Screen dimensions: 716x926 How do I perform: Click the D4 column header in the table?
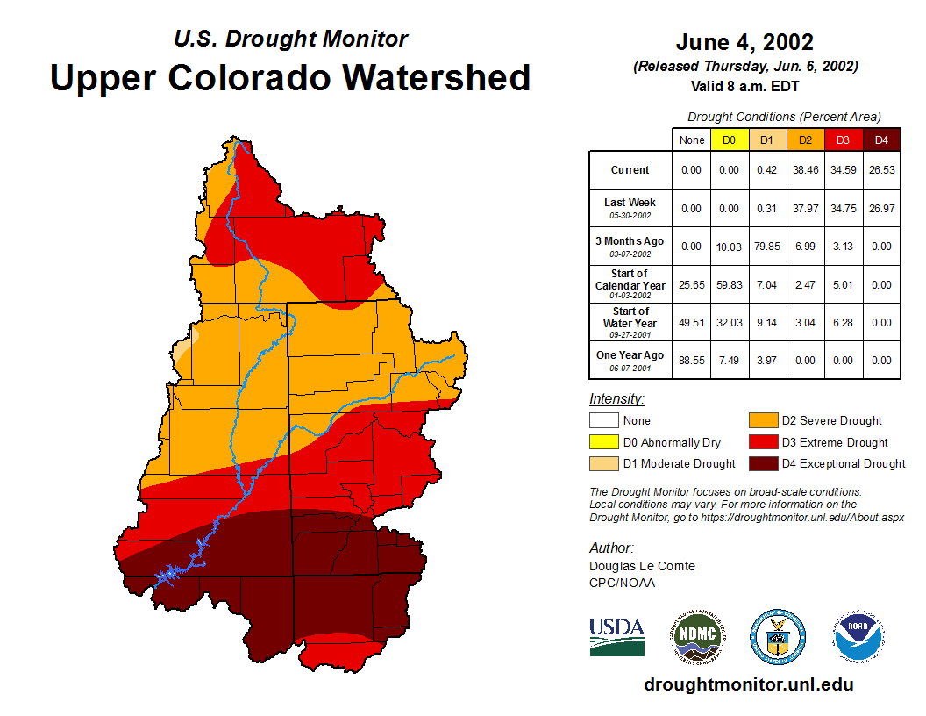pyautogui.click(x=881, y=140)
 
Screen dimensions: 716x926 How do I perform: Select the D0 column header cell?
pyautogui.click(x=729, y=140)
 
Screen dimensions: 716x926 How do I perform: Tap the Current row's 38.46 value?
pyautogui.click(x=805, y=170)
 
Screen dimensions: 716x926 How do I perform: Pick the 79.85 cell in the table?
pyautogui.click(x=767, y=247)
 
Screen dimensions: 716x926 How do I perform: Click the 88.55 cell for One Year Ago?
pyautogui.click(x=691, y=360)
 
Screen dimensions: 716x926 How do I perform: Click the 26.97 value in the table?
pyautogui.click(x=881, y=208)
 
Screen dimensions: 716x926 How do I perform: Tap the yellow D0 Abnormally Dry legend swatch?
pyautogui.click(x=603, y=442)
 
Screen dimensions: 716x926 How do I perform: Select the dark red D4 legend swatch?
pyautogui.click(x=763, y=463)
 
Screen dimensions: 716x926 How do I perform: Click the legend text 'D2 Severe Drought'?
pyautogui.click(x=831, y=421)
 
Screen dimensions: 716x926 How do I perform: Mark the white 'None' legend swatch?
pyautogui.click(x=603, y=421)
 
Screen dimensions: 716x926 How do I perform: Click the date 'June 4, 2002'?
pyautogui.click(x=744, y=42)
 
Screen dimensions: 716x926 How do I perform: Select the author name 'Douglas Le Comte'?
pyautogui.click(x=642, y=566)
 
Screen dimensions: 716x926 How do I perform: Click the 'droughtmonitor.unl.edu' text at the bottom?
pyautogui.click(x=748, y=684)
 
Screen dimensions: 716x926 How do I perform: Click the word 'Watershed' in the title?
pyautogui.click(x=437, y=77)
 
